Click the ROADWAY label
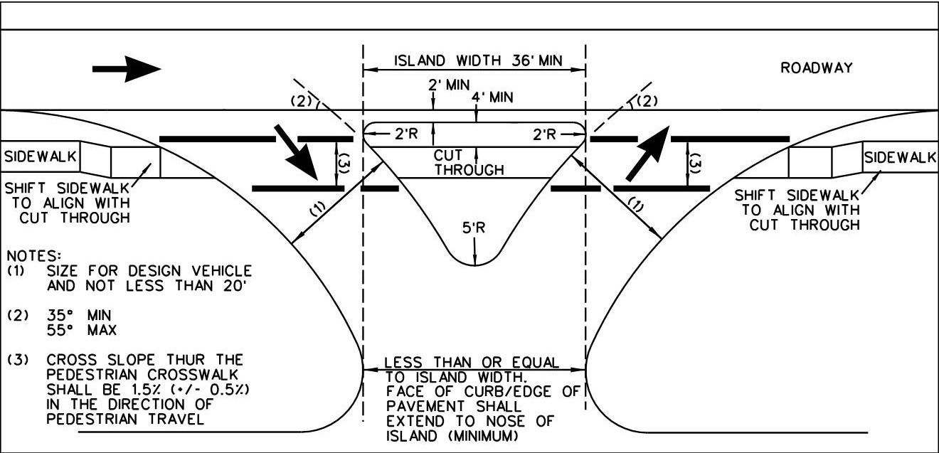816,68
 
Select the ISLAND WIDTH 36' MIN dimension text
474,61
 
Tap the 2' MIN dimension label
449,84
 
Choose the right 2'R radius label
546,134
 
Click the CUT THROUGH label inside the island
469,162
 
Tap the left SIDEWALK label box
40,158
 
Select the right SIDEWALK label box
900,158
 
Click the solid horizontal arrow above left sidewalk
127,69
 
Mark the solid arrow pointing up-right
647,153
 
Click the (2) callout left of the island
302,100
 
